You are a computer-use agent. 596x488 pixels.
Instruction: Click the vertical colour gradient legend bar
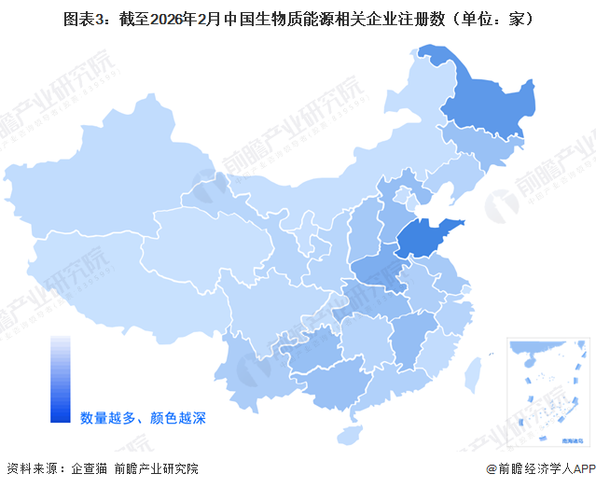click(x=61, y=379)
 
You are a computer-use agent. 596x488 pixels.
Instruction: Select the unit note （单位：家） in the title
click(x=489, y=18)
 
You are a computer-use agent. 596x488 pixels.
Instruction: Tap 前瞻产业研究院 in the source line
click(x=156, y=468)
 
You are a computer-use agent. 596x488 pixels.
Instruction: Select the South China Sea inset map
click(x=546, y=387)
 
